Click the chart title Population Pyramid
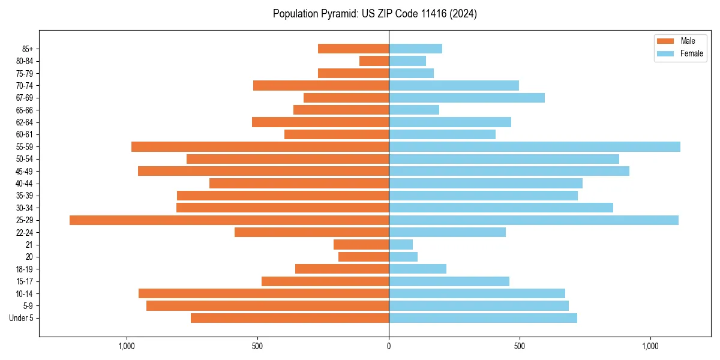click(374, 14)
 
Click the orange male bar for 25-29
click(229, 220)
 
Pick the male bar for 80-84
click(374, 61)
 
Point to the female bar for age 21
click(401, 244)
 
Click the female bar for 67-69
click(467, 98)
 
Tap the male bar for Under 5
click(290, 318)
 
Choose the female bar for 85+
click(415, 49)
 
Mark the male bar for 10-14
click(263, 293)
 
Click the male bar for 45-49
click(263, 171)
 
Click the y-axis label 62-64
click(25, 122)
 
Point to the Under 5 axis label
click(22, 318)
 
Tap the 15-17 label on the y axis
click(25, 281)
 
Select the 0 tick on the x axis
click(389, 346)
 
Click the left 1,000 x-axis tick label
click(127, 346)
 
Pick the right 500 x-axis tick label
click(520, 346)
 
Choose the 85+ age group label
click(28, 49)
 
